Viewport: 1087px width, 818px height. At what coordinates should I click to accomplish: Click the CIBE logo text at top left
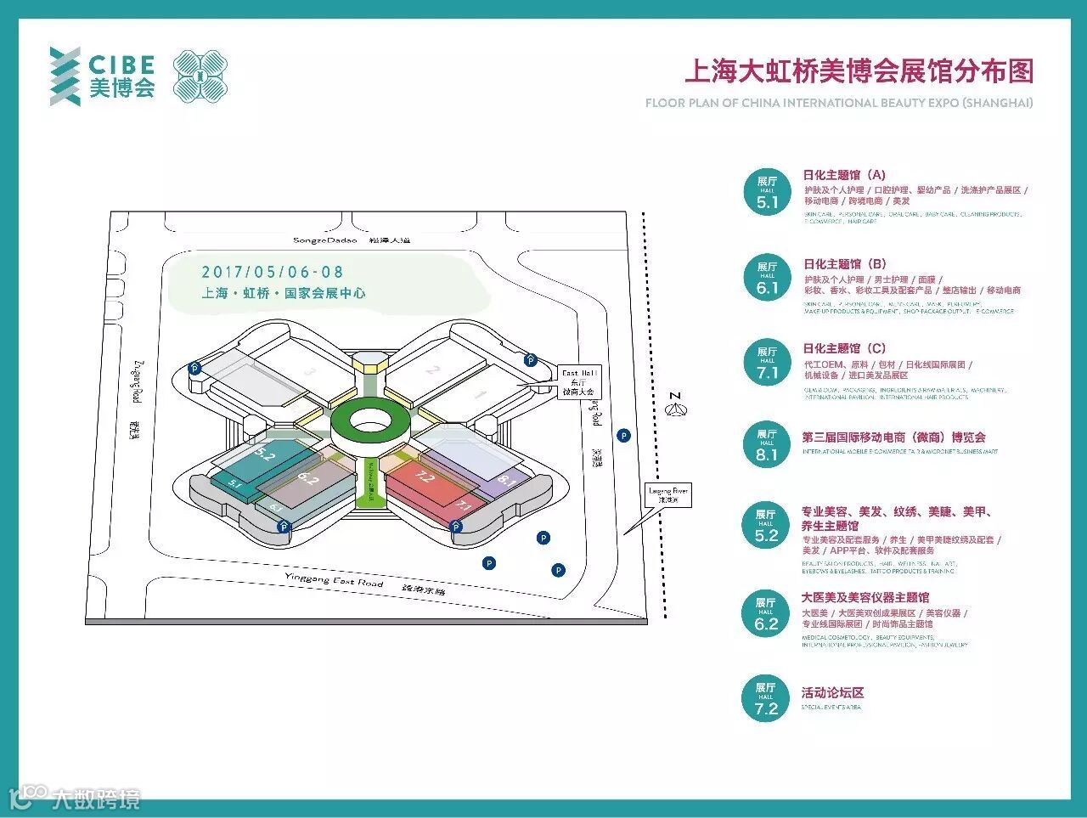click(x=121, y=65)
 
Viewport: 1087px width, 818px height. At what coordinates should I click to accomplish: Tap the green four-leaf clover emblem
click(x=200, y=76)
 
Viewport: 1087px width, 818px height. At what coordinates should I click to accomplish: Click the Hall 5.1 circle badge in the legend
click(x=767, y=192)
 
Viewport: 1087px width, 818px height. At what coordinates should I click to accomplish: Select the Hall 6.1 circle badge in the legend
click(x=767, y=277)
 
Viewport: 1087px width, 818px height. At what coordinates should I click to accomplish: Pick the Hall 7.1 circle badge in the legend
click(x=767, y=362)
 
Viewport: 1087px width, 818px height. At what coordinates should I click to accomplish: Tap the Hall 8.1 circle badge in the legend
click(x=766, y=444)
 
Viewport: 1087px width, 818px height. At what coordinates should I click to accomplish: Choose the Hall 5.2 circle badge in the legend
click(x=766, y=525)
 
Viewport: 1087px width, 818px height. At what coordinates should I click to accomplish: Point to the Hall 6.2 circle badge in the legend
click(x=766, y=613)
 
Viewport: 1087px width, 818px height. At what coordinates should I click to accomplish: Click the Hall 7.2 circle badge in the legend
click(x=766, y=698)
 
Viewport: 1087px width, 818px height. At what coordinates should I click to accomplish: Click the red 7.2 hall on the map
click(x=423, y=482)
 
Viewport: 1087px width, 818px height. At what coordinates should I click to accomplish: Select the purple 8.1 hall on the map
click(x=507, y=482)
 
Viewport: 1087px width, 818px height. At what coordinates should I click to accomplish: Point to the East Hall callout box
click(x=579, y=382)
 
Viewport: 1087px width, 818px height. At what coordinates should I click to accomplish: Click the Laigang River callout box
click(x=668, y=495)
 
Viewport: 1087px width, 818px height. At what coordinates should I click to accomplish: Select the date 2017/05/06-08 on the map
click(x=272, y=272)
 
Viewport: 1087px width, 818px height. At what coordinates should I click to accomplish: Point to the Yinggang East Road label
click(x=334, y=581)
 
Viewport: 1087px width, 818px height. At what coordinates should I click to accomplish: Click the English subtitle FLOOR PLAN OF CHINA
click(x=839, y=103)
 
